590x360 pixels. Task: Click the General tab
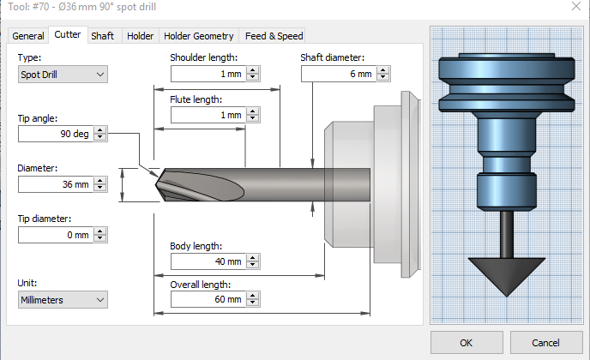click(x=28, y=36)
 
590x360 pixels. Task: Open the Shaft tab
click(x=103, y=36)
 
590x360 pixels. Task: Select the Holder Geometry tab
click(x=199, y=36)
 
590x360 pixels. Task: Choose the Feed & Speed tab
click(x=274, y=36)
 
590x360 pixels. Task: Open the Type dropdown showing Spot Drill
click(x=63, y=75)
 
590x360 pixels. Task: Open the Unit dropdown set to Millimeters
click(x=63, y=300)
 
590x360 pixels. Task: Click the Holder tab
click(x=140, y=36)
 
